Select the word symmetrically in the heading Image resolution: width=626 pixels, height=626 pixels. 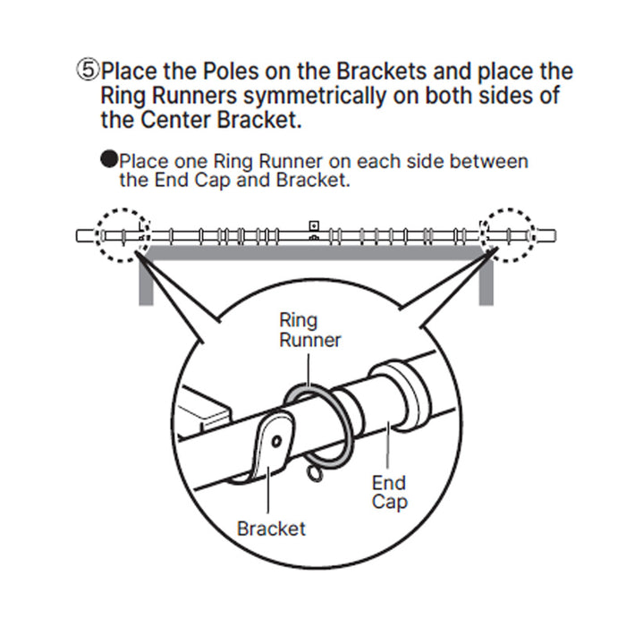click(x=301, y=95)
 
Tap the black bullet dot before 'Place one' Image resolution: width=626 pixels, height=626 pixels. click(x=108, y=161)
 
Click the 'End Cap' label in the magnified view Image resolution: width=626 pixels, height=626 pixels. click(x=389, y=492)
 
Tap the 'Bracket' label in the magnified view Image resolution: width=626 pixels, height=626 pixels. click(x=271, y=528)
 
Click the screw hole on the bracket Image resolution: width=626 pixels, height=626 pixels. click(x=278, y=440)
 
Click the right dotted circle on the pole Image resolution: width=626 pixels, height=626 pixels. click(x=507, y=236)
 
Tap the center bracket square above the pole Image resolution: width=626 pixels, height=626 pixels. click(x=313, y=225)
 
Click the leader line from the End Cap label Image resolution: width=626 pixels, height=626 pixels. click(x=388, y=446)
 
